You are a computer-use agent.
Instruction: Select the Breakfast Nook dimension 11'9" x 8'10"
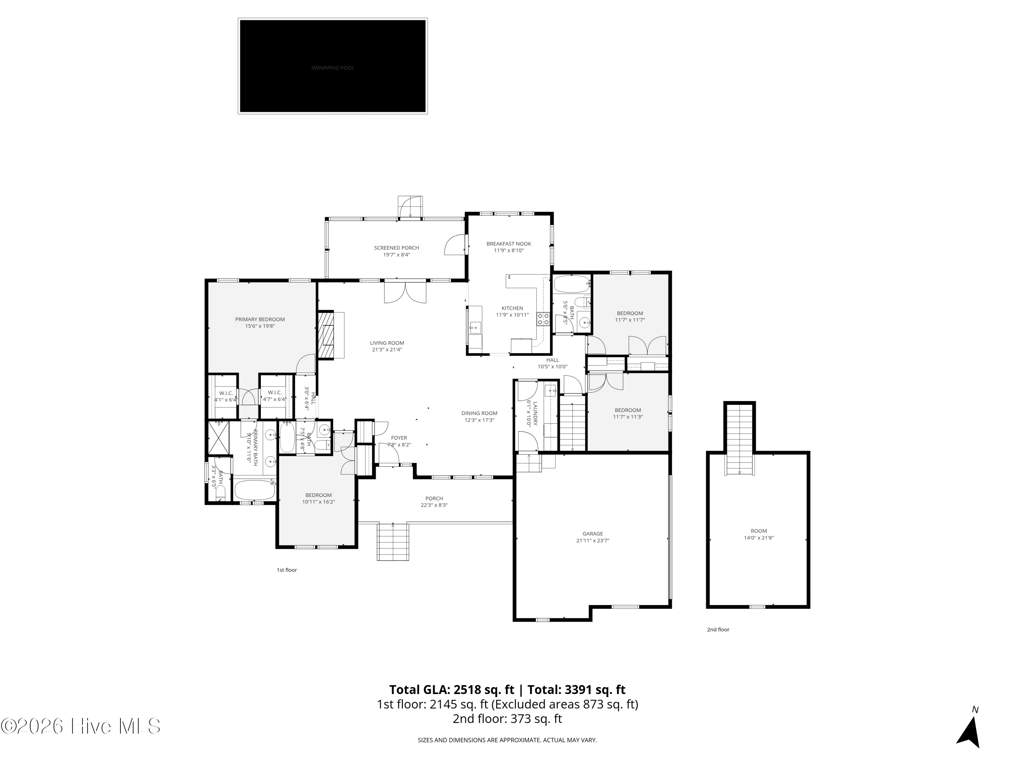point(509,251)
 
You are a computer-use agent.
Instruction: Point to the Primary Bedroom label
point(260,319)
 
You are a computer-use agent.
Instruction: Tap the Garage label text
point(592,533)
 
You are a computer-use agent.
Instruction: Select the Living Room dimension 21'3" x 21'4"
point(387,349)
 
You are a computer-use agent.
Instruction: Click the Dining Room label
point(479,413)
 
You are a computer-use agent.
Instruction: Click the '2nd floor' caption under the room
point(718,629)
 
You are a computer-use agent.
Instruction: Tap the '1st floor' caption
point(286,570)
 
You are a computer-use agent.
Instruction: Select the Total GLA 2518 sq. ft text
point(452,689)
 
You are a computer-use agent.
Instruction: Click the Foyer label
point(399,438)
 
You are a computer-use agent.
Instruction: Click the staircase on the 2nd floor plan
point(739,440)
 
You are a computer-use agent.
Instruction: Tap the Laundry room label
point(535,413)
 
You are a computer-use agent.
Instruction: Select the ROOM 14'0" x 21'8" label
point(759,534)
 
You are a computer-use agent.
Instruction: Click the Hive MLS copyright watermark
point(81,726)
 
